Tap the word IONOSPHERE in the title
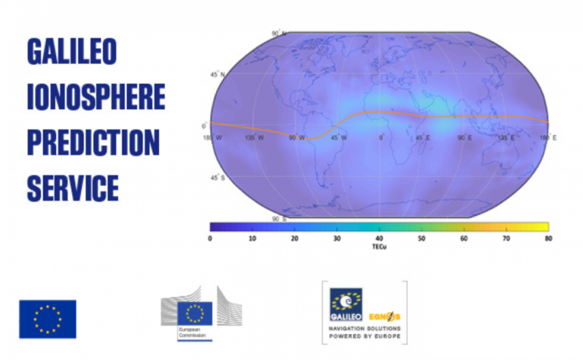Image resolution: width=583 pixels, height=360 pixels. [96, 98]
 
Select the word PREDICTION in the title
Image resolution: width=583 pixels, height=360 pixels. [93, 143]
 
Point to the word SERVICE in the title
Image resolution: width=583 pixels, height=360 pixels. [73, 187]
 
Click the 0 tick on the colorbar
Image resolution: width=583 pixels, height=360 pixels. [210, 238]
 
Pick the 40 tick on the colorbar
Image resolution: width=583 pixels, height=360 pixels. [379, 238]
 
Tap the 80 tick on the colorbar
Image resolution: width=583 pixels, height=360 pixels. [548, 238]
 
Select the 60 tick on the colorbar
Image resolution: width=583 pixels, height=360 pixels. [464, 238]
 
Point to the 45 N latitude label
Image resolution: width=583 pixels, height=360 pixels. [217, 74]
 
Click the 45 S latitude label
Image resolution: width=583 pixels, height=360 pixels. [217, 178]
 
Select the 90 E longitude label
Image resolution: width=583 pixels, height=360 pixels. [465, 138]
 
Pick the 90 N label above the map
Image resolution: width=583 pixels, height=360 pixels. [278, 33]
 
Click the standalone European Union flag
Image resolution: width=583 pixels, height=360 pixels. [47, 319]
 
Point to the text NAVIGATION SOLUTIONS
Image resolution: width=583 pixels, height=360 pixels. [364, 329]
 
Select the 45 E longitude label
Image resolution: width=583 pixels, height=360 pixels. [423, 138]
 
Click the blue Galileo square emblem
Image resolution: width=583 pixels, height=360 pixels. [346, 304]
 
